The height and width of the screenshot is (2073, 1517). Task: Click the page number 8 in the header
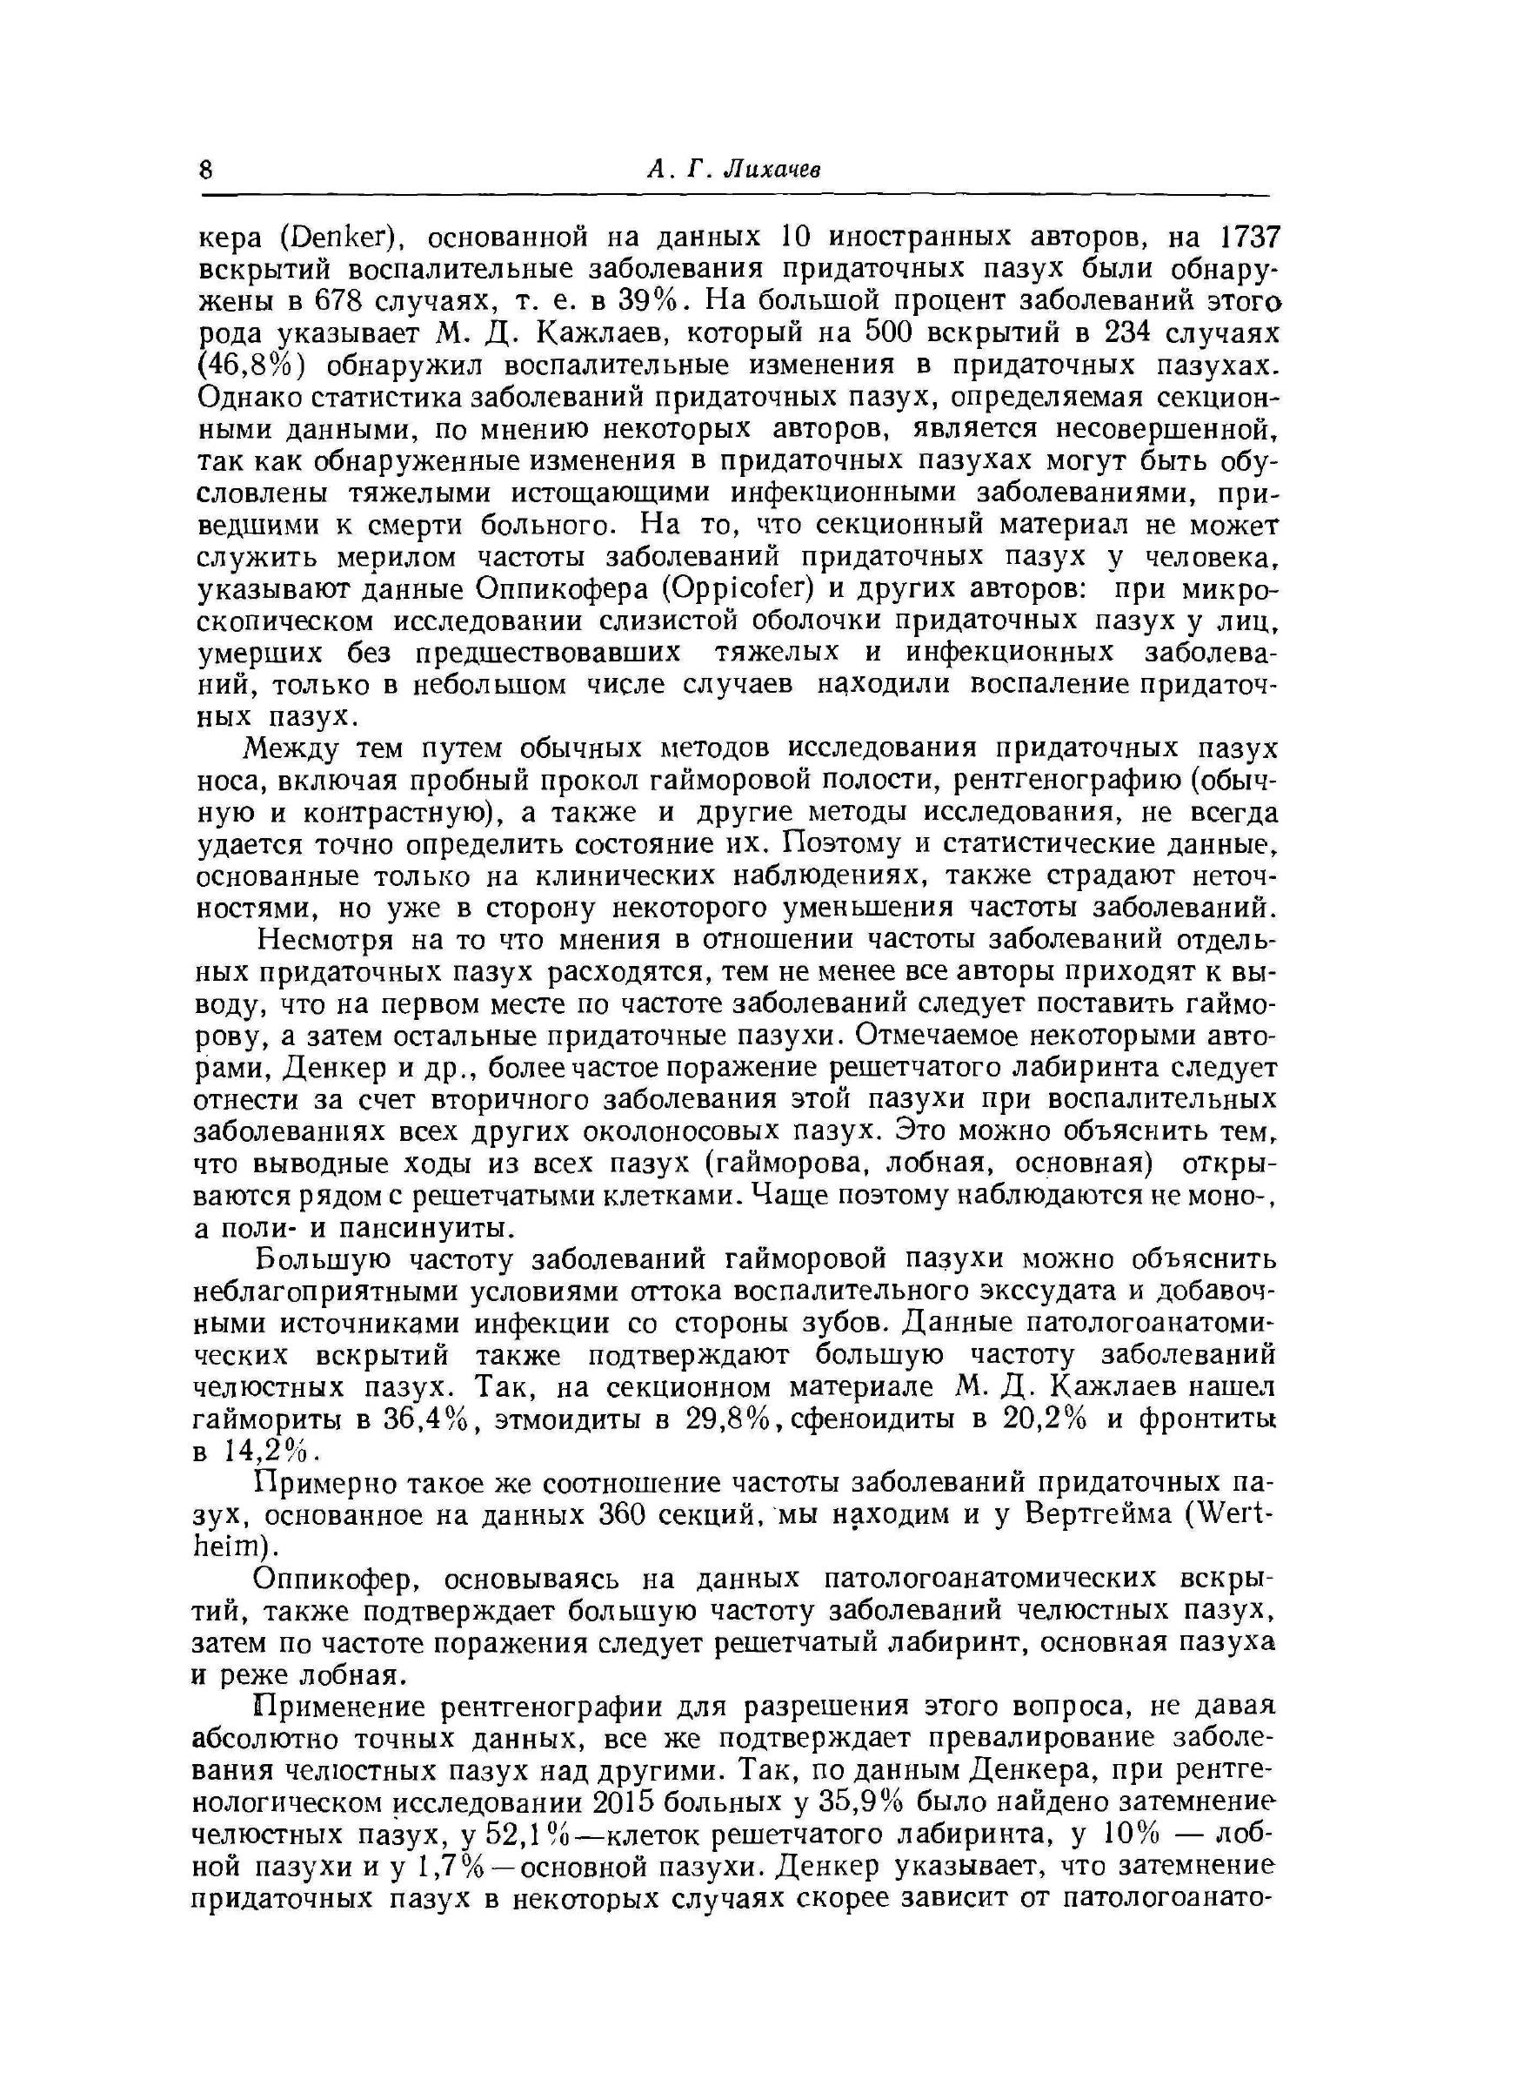click(205, 169)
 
